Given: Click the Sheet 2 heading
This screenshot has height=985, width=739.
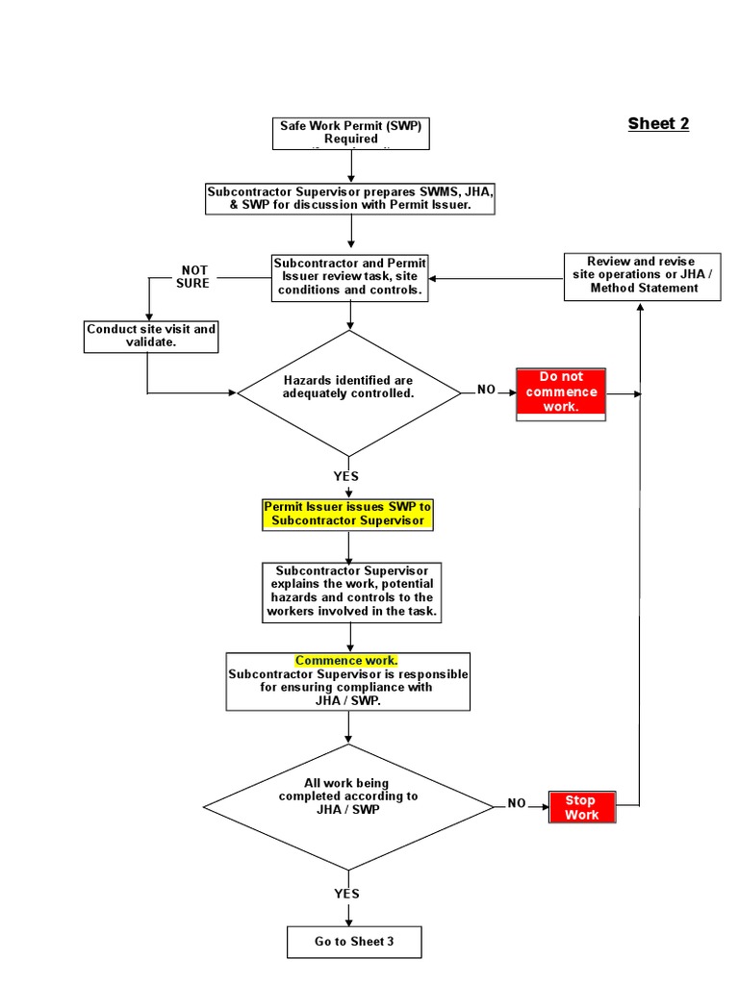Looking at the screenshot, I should click(658, 123).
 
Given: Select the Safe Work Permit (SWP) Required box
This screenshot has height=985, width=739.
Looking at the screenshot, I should click(350, 133).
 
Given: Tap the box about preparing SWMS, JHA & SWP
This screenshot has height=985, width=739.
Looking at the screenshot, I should click(350, 199).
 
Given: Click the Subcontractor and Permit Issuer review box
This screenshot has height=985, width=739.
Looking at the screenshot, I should click(350, 277).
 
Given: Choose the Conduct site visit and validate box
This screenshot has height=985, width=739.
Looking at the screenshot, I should click(151, 335).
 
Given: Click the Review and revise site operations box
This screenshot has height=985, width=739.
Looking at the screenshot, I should click(642, 275).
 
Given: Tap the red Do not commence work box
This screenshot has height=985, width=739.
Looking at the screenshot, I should click(561, 392).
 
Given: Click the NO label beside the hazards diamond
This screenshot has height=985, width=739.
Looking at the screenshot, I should click(487, 390).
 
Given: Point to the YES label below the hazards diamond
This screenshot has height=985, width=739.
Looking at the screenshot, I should click(346, 476).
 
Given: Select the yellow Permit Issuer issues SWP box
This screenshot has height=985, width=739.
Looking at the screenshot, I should click(348, 514).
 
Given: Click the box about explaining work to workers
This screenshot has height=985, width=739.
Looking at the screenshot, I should click(351, 592).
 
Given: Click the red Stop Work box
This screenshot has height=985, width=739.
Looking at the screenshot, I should click(581, 807).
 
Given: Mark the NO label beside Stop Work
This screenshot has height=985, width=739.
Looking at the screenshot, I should click(518, 803).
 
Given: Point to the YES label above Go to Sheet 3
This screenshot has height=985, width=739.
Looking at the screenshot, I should click(346, 894).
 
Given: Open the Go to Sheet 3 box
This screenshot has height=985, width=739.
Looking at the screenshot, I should click(354, 942).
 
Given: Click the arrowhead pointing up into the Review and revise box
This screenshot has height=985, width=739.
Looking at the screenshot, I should click(642, 306).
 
